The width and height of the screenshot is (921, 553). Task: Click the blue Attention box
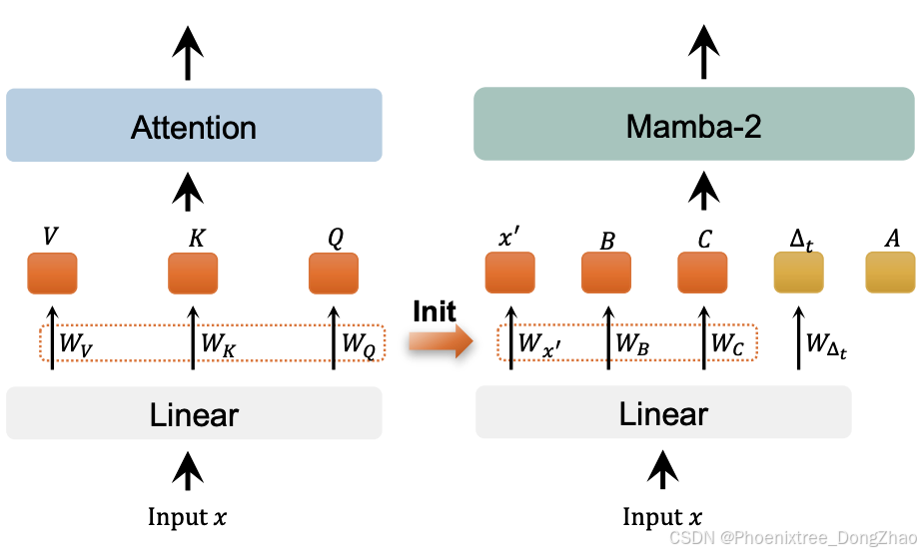pyautogui.click(x=194, y=126)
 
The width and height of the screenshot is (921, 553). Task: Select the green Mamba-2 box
pyautogui.click(x=693, y=125)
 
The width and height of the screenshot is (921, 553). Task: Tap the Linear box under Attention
pyautogui.click(x=194, y=413)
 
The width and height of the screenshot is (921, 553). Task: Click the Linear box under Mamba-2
pyautogui.click(x=663, y=412)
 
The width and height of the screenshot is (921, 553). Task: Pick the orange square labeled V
pyautogui.click(x=52, y=273)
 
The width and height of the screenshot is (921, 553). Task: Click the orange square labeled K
pyautogui.click(x=193, y=273)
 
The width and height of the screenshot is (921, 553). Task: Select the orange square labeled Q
pyautogui.click(x=333, y=273)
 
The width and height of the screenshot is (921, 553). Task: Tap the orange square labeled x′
pyautogui.click(x=509, y=273)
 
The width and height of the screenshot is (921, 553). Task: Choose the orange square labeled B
pyautogui.click(x=606, y=273)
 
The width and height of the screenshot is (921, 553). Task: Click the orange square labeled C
pyautogui.click(x=702, y=273)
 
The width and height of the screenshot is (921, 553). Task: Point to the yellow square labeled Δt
pyautogui.click(x=798, y=273)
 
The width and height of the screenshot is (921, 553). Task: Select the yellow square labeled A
pyautogui.click(x=890, y=273)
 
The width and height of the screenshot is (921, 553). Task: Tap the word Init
pyautogui.click(x=436, y=311)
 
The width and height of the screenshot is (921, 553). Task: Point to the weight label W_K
pyautogui.click(x=217, y=344)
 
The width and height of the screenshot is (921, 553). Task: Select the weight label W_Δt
pyautogui.click(x=826, y=346)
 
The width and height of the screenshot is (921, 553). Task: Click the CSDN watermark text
pyautogui.click(x=793, y=539)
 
